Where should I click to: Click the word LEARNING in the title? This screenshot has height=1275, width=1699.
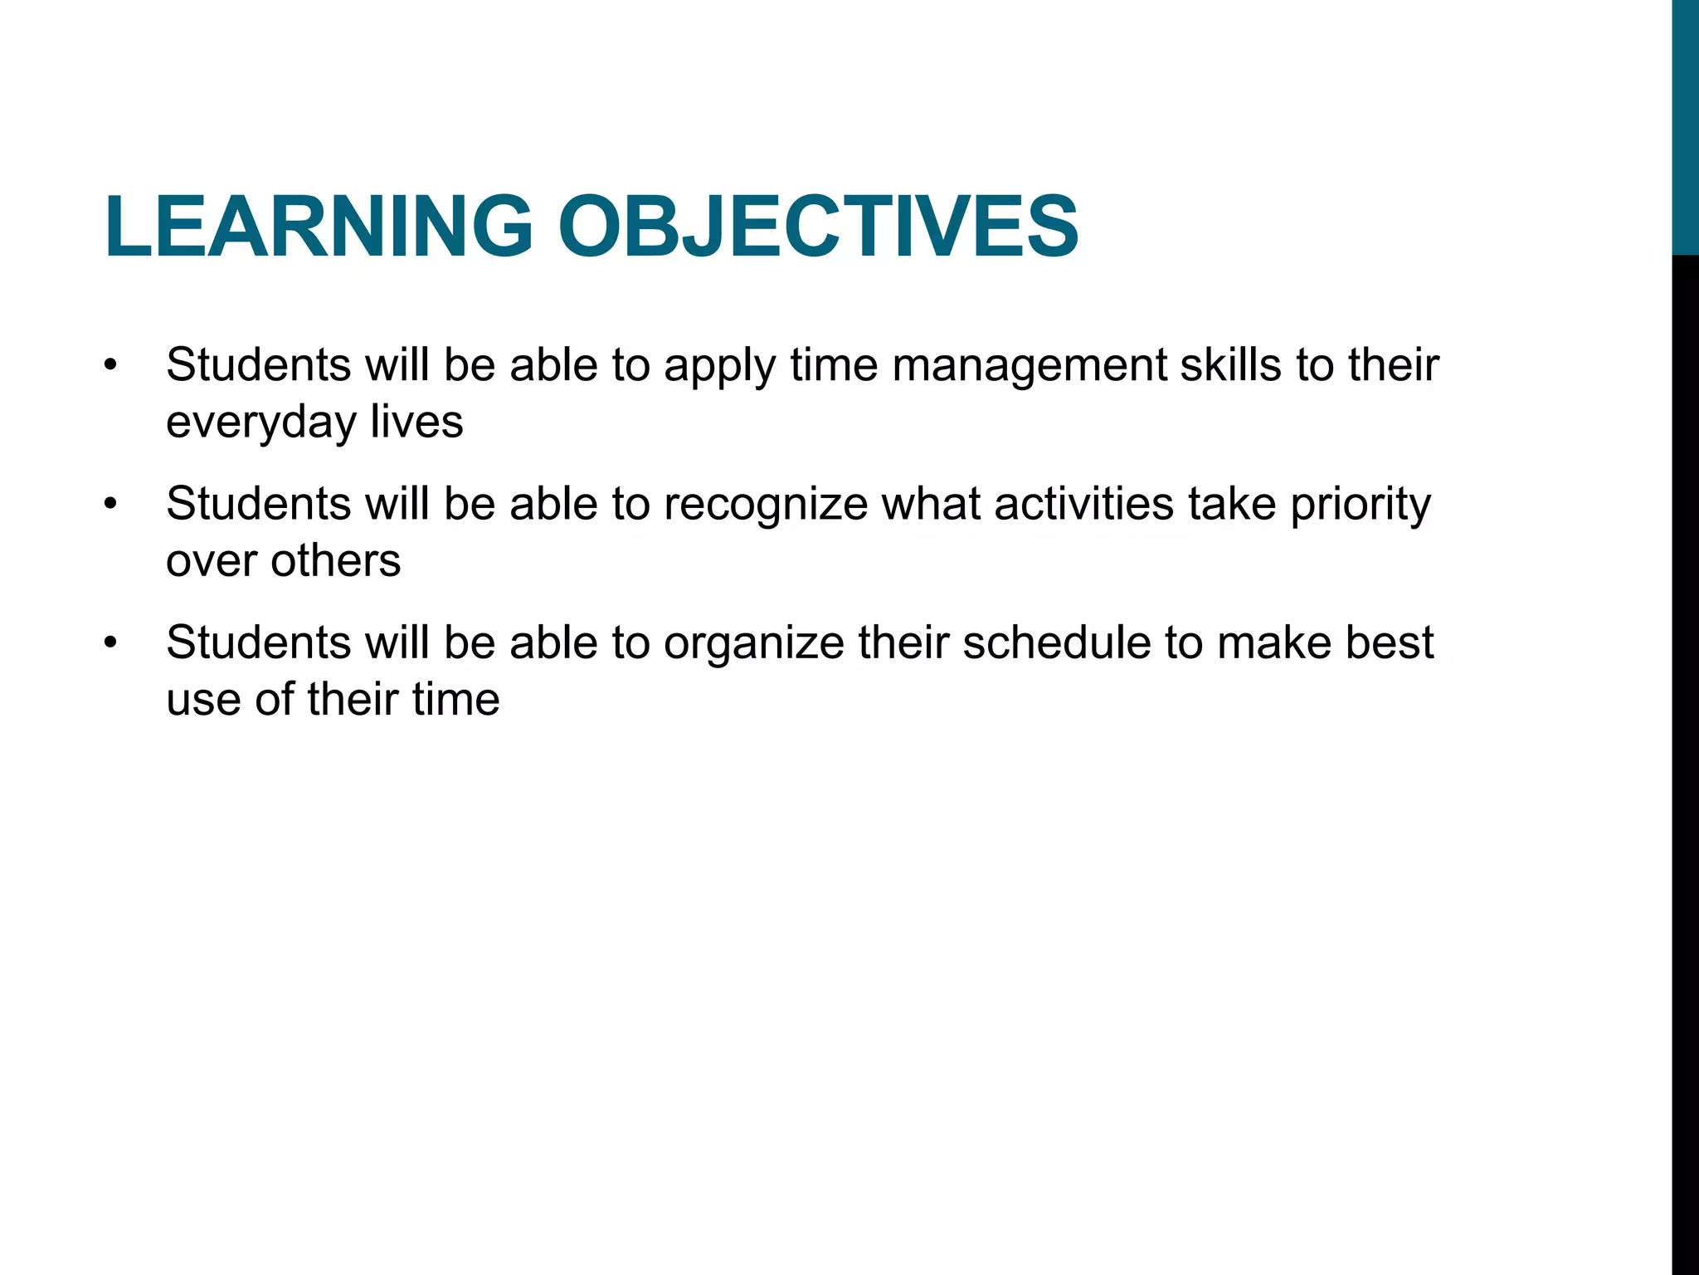[319, 226]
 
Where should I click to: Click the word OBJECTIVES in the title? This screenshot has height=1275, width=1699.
[818, 226]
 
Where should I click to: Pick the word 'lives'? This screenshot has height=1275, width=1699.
[416, 422]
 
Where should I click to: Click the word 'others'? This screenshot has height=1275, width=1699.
[335, 560]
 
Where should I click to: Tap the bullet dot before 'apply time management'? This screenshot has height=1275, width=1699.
[111, 366]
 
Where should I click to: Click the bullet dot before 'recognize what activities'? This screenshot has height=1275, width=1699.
[111, 505]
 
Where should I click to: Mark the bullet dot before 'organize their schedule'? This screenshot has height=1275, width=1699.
[111, 643]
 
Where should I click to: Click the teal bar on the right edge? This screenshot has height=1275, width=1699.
[1685, 125]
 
